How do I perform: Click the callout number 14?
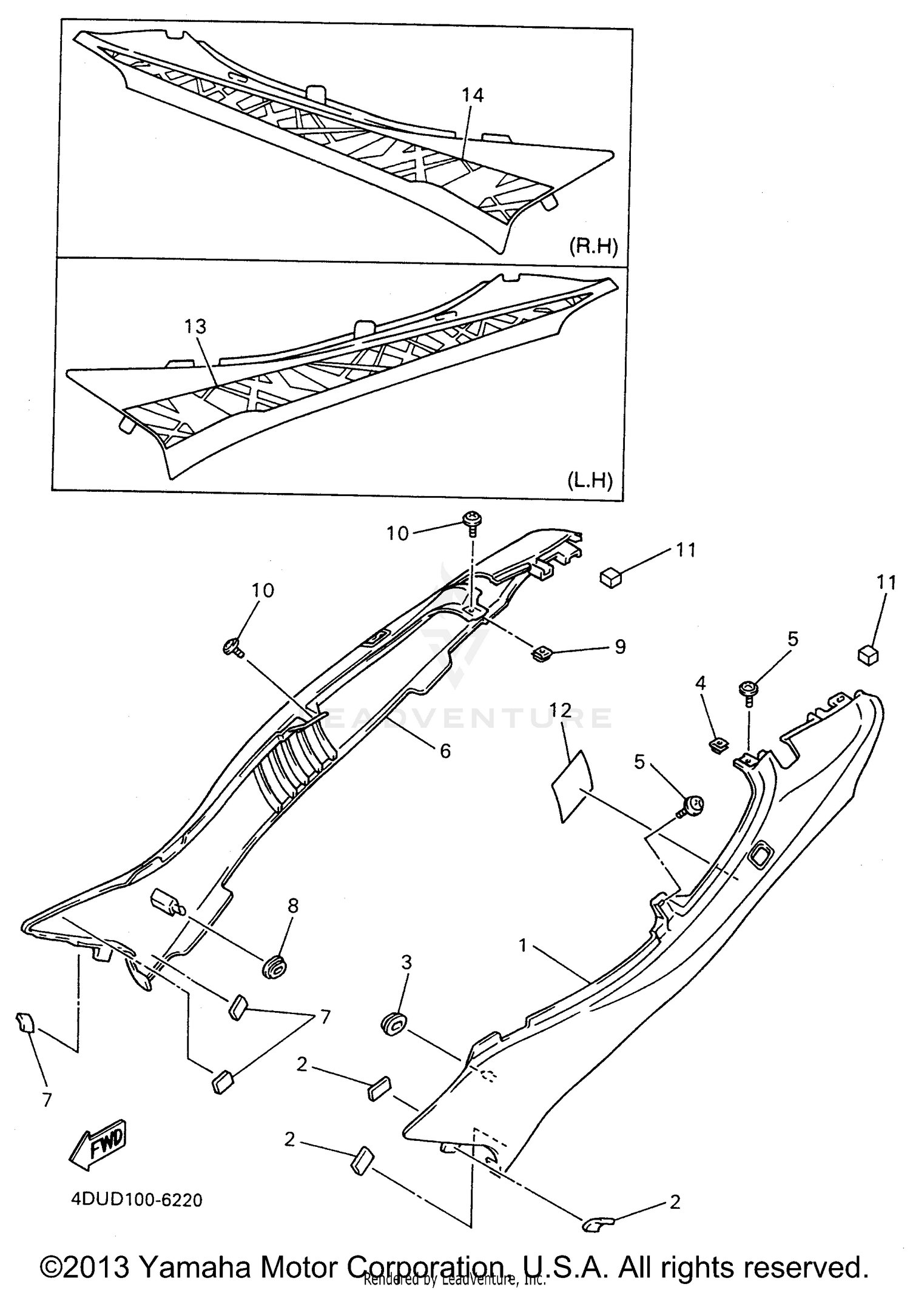pos(472,95)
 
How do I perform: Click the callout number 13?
pos(195,327)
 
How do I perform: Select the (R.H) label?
pos(593,246)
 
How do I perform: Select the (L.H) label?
pos(590,480)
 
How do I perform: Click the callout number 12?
pos(561,711)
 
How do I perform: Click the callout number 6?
pos(445,751)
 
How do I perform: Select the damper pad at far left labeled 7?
pos(25,1023)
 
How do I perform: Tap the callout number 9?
pos(619,647)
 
